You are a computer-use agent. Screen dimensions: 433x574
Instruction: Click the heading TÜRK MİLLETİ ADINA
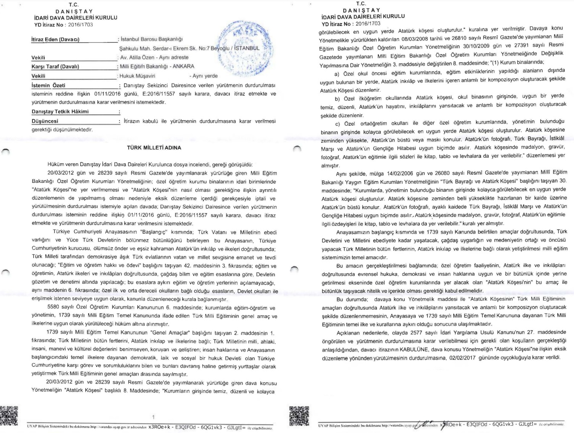pyautogui.click(x=154, y=148)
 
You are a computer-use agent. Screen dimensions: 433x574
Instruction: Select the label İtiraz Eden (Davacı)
pyautogui.click(x=55, y=40)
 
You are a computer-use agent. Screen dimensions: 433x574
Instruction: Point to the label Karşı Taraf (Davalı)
pyautogui.click(x=55, y=66)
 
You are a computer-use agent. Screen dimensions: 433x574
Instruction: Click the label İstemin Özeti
pyautogui.click(x=48, y=85)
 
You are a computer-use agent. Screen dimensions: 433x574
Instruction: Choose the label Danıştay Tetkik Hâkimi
pyautogui.click(x=60, y=112)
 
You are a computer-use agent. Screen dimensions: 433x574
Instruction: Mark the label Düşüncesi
pyautogui.click(x=45, y=121)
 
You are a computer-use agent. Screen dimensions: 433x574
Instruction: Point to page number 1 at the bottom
pyautogui.click(x=153, y=417)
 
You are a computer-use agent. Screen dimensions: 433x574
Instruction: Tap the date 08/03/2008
pyautogui.click(x=416, y=39)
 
